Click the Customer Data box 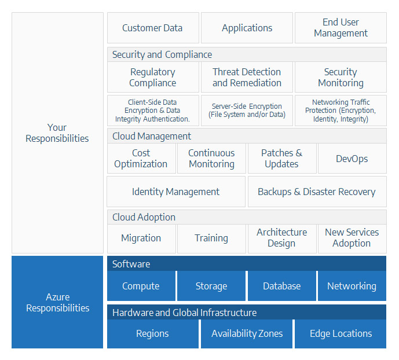coord(153,28)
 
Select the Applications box coord(247,28)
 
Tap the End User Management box coord(341,28)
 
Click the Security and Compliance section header coord(247,54)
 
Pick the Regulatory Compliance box coord(153,77)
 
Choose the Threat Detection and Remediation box coord(247,77)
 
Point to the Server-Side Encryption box coord(247,111)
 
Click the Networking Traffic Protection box coord(341,111)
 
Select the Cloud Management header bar coord(247,136)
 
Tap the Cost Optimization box coord(141,159)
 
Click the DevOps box coord(352,159)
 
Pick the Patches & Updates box coord(282,159)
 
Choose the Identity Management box coord(176,192)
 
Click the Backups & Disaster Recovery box coord(317,192)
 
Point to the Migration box coord(141,238)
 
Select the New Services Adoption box coord(352,238)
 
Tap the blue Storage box coord(211,286)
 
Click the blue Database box coord(282,286)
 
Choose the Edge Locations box coord(341,333)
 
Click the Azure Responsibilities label coord(57,302)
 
